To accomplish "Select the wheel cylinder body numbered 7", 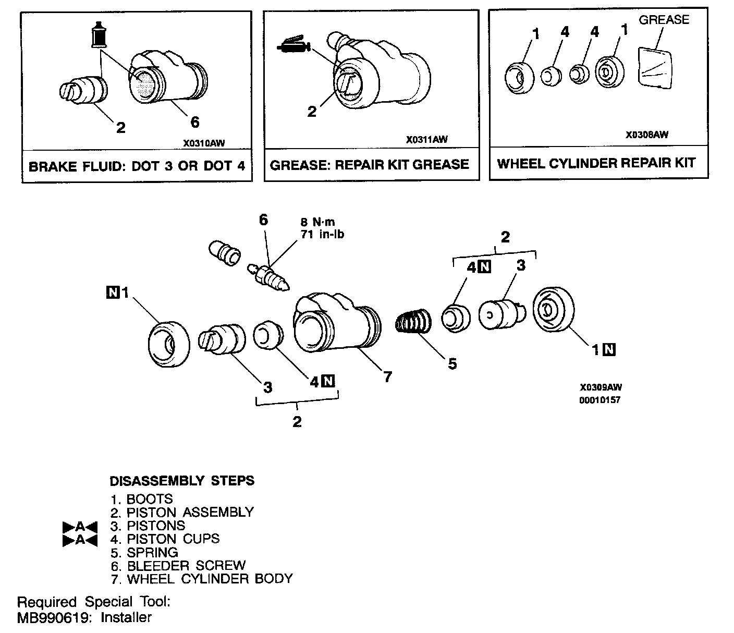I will click(334, 326).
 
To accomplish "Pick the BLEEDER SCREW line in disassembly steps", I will click(178, 565).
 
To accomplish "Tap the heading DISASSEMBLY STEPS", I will click(182, 481).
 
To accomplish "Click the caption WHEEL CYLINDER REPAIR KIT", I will click(596, 163).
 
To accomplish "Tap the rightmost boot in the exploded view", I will click(553, 310).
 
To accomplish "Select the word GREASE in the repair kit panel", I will click(664, 20).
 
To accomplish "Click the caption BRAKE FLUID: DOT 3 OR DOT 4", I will click(137, 166).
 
